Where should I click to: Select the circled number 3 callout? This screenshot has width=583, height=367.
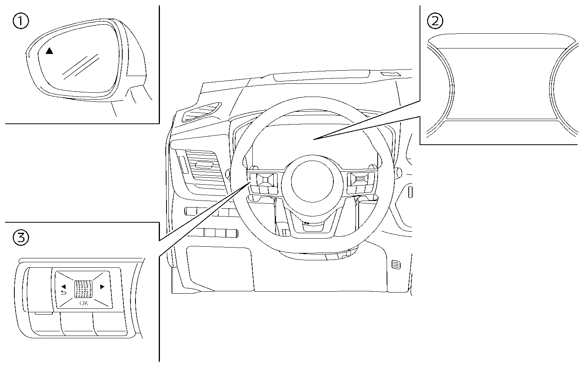click(x=21, y=237)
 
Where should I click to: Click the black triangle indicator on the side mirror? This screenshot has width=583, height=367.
click(x=49, y=51)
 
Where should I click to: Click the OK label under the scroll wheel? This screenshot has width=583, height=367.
click(x=84, y=303)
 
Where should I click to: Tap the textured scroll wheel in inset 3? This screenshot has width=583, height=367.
click(x=84, y=289)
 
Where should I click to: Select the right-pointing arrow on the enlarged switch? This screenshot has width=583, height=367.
click(x=102, y=287)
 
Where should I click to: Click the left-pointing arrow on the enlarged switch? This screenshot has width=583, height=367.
click(x=63, y=286)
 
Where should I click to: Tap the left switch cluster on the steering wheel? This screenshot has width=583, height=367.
click(x=263, y=183)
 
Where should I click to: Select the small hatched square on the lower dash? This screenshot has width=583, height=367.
click(x=395, y=265)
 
